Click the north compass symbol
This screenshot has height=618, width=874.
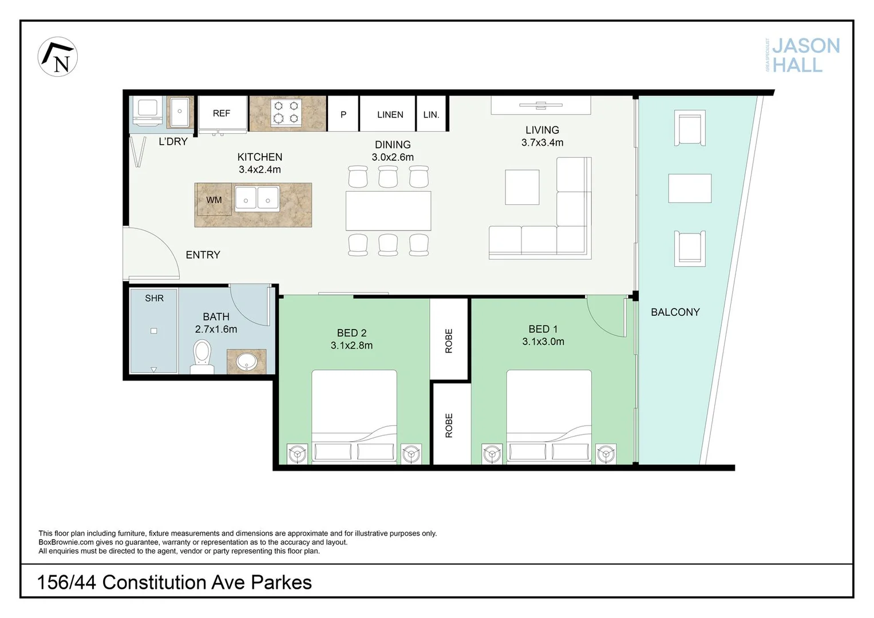pyautogui.click(x=58, y=57)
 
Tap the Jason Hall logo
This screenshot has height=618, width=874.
pyautogui.click(x=804, y=55)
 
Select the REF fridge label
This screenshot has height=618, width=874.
pyautogui.click(x=222, y=113)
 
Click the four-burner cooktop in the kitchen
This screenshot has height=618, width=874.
pyautogui.click(x=286, y=112)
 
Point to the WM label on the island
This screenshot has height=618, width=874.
pyautogui.click(x=214, y=200)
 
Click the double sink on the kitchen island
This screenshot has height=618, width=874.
pyautogui.click(x=257, y=199)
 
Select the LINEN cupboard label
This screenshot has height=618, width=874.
pyautogui.click(x=390, y=114)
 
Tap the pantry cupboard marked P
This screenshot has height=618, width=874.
pyautogui.click(x=343, y=114)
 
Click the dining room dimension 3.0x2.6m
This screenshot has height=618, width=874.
pyautogui.click(x=393, y=157)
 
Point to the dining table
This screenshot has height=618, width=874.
pyautogui.click(x=388, y=211)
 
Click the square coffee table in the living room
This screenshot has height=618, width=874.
pyautogui.click(x=522, y=187)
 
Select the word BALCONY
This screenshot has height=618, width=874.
pyautogui.click(x=675, y=312)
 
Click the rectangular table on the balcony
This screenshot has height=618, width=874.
pyautogui.click(x=690, y=188)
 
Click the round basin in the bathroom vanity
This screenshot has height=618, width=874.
pyautogui.click(x=247, y=362)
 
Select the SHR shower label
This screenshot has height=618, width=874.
pyautogui.click(x=155, y=298)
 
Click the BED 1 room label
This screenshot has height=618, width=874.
pyautogui.click(x=543, y=329)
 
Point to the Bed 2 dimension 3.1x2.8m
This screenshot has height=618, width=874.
pyautogui.click(x=351, y=346)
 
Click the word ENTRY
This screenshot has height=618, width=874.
pyautogui.click(x=203, y=255)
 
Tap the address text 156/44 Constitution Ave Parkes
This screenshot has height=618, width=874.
pyautogui.click(x=175, y=583)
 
